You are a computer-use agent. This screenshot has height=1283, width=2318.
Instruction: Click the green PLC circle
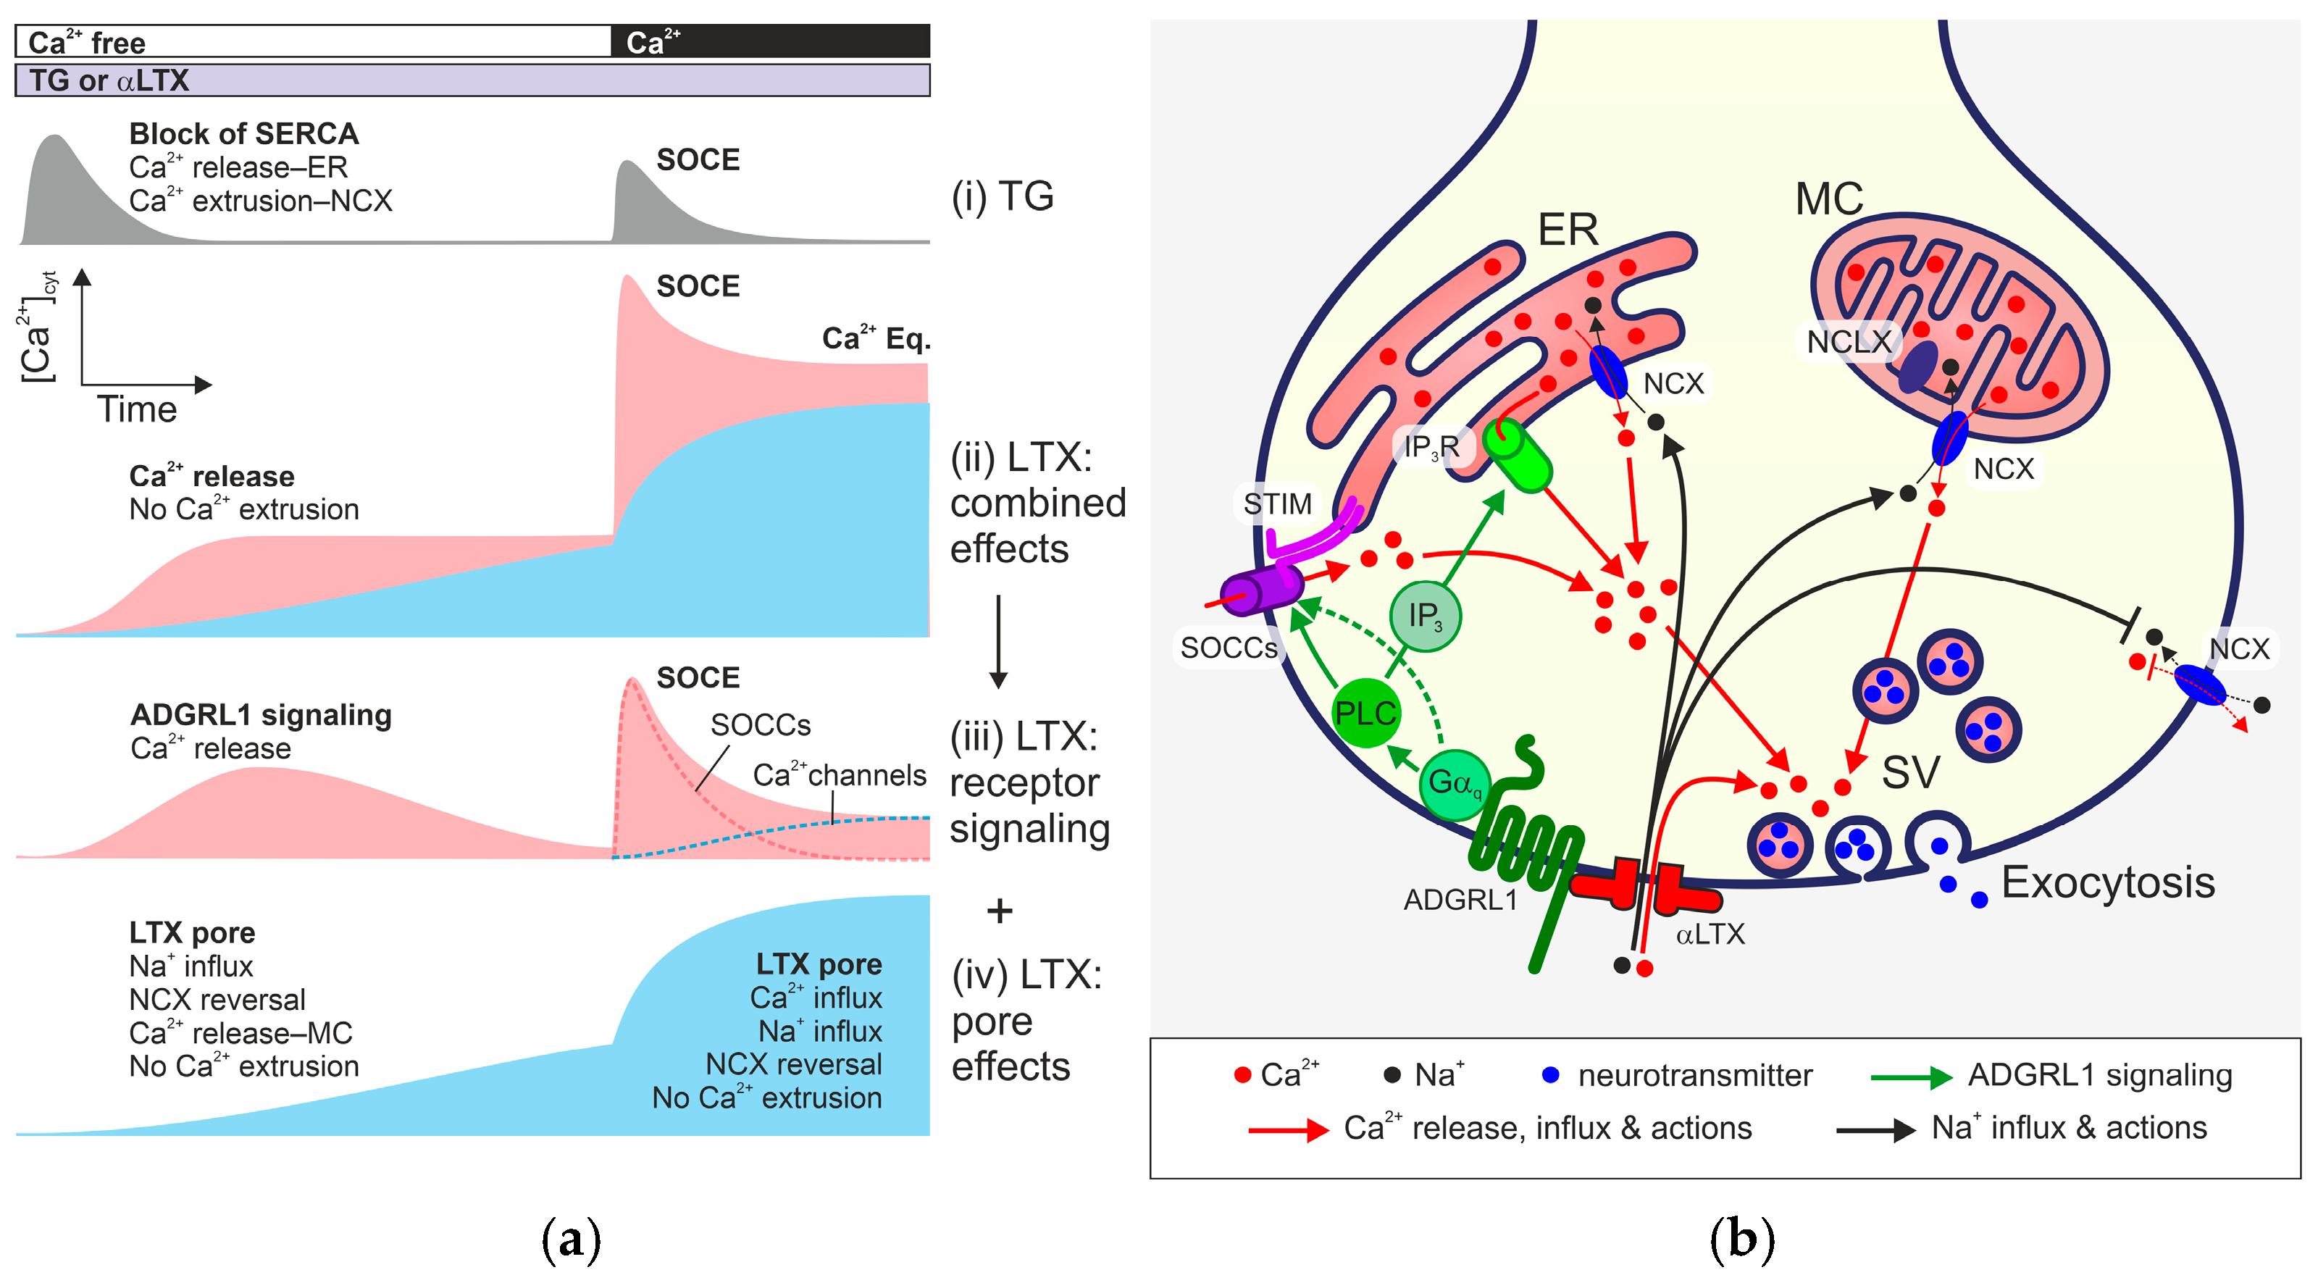click(1365, 714)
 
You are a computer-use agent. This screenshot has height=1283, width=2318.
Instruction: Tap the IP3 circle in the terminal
click(1424, 617)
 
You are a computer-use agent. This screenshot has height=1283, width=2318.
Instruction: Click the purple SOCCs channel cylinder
click(1260, 590)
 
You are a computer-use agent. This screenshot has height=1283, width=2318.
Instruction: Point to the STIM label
click(1277, 503)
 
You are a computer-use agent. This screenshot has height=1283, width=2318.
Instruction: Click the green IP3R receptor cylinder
click(1518, 456)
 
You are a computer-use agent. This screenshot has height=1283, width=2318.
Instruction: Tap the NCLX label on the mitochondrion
click(1849, 342)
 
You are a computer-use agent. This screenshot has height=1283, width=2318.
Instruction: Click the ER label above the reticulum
click(1568, 230)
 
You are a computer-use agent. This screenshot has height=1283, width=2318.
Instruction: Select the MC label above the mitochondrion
click(1828, 198)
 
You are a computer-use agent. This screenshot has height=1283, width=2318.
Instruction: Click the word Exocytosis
click(2107, 882)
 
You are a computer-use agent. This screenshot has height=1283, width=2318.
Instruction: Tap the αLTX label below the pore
click(1710, 934)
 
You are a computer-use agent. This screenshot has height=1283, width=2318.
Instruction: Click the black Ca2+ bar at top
click(770, 41)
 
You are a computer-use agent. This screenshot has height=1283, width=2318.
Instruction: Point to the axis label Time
click(137, 409)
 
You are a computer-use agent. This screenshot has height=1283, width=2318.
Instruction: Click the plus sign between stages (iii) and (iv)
click(1000, 911)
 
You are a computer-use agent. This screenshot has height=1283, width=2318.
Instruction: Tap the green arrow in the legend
click(1909, 1077)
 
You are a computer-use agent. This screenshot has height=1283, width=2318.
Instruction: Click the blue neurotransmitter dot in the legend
click(1549, 1074)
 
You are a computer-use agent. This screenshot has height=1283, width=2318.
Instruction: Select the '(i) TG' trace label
click(1003, 196)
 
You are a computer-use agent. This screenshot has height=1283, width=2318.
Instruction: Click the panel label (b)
click(1741, 1240)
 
